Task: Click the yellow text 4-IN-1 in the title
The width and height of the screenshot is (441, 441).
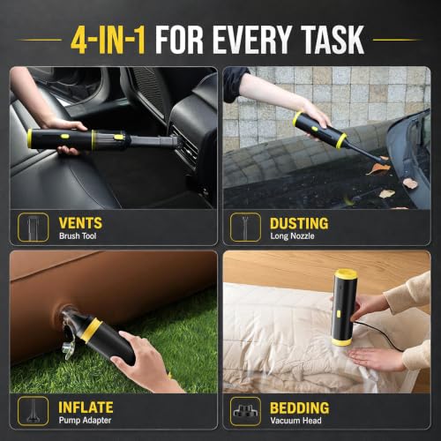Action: pos(108,40)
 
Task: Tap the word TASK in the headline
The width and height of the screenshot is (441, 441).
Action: pos(333,40)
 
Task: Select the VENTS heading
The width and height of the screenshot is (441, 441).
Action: pos(80,223)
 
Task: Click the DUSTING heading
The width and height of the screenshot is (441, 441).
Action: pos(299,223)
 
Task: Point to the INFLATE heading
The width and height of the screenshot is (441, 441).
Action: pos(86,407)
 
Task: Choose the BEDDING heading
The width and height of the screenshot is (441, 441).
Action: pos(300,407)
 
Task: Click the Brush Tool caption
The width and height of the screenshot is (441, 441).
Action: pos(78,236)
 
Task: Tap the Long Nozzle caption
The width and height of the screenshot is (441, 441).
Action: pos(292,236)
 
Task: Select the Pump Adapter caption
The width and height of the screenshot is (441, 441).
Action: pos(85,421)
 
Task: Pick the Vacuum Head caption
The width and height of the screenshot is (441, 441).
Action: pos(295,421)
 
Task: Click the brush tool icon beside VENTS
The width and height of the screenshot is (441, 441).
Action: pos(33,228)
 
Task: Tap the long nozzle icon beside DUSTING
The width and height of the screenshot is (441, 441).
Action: pos(245,228)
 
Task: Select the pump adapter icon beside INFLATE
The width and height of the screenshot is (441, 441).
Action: pos(33,411)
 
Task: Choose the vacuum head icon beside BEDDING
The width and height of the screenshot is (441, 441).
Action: pos(245,411)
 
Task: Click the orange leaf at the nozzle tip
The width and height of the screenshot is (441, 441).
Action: pos(379,169)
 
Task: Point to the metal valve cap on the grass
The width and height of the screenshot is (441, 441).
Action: pos(68,348)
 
